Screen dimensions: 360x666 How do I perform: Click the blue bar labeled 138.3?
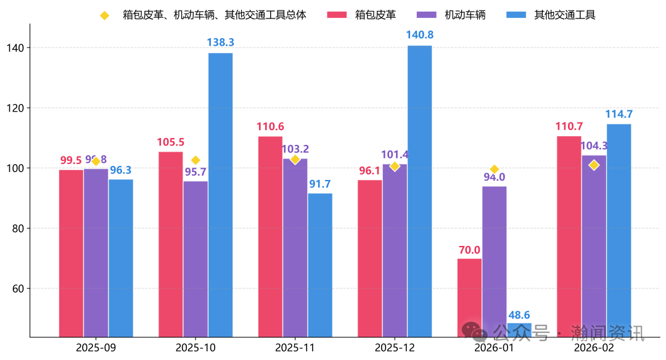pos(220,195)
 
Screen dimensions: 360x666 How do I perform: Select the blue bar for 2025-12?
pos(419,191)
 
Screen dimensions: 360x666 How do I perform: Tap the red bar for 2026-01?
pos(469,297)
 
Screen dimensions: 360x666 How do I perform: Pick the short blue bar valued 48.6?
pos(519,330)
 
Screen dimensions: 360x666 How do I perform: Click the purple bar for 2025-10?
pos(195,259)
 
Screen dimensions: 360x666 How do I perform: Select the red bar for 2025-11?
pos(270,237)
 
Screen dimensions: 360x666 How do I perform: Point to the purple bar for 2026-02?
pos(594,246)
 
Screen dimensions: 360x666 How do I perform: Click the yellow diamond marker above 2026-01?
pos(494,170)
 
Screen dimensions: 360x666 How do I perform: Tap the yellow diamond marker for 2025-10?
pos(195,160)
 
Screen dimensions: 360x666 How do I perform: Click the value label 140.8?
pos(419,35)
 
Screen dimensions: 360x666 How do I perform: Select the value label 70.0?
pos(469,250)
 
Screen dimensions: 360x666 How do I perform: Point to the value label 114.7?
pos(619,114)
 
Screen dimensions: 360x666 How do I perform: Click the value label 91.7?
pos(320,184)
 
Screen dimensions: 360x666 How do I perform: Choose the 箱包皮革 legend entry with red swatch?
pos(361,15)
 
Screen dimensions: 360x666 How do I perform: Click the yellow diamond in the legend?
pos(104,15)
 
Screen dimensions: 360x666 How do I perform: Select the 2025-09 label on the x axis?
pos(96,348)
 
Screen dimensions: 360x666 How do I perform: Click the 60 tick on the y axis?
pos(18,288)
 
